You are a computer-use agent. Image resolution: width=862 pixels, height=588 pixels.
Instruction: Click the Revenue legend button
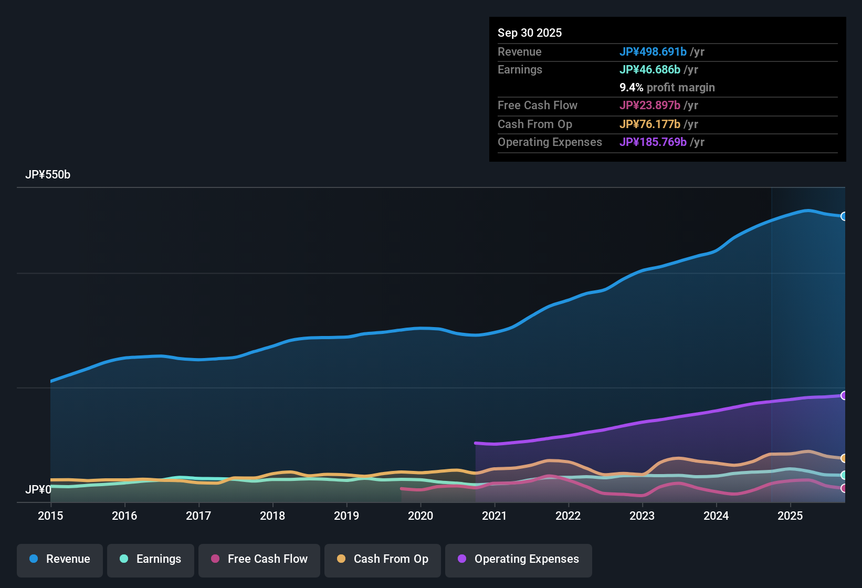(x=60, y=559)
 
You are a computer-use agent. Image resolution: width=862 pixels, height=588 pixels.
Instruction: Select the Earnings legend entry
(x=151, y=559)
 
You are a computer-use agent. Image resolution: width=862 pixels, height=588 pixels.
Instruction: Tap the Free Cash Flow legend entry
(x=259, y=559)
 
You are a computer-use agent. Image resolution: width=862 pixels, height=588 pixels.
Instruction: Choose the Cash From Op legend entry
(x=383, y=559)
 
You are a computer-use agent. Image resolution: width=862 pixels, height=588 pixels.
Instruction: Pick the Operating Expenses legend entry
(x=519, y=559)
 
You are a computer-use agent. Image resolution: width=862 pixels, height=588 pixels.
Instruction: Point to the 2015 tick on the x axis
(x=50, y=516)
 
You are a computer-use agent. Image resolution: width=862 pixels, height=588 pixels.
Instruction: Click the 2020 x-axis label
(x=421, y=516)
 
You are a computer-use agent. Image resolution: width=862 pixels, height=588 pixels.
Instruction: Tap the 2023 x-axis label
(x=642, y=516)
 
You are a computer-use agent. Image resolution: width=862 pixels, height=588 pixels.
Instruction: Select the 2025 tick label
(x=790, y=516)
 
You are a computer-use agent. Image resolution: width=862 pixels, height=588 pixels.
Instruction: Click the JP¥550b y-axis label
(x=48, y=175)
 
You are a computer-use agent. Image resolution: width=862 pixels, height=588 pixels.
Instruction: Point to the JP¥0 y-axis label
(x=38, y=490)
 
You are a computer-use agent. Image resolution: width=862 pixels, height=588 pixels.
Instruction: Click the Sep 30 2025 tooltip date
(x=530, y=33)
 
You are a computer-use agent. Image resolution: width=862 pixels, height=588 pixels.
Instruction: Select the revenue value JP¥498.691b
(x=653, y=51)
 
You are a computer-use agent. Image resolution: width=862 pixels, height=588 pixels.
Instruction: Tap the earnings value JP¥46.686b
(x=650, y=69)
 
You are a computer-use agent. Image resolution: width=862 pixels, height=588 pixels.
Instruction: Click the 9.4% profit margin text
(x=667, y=87)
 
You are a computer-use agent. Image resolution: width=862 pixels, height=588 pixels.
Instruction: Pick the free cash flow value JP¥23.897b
(x=650, y=105)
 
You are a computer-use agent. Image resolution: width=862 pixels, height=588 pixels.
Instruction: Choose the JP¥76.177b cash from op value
(x=650, y=124)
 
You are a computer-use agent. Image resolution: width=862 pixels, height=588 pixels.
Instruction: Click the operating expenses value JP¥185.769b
(x=653, y=142)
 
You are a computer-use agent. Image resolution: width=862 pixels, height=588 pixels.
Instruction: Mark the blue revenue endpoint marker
(x=844, y=216)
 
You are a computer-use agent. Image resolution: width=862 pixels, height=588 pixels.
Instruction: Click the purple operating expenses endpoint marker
(x=844, y=395)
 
